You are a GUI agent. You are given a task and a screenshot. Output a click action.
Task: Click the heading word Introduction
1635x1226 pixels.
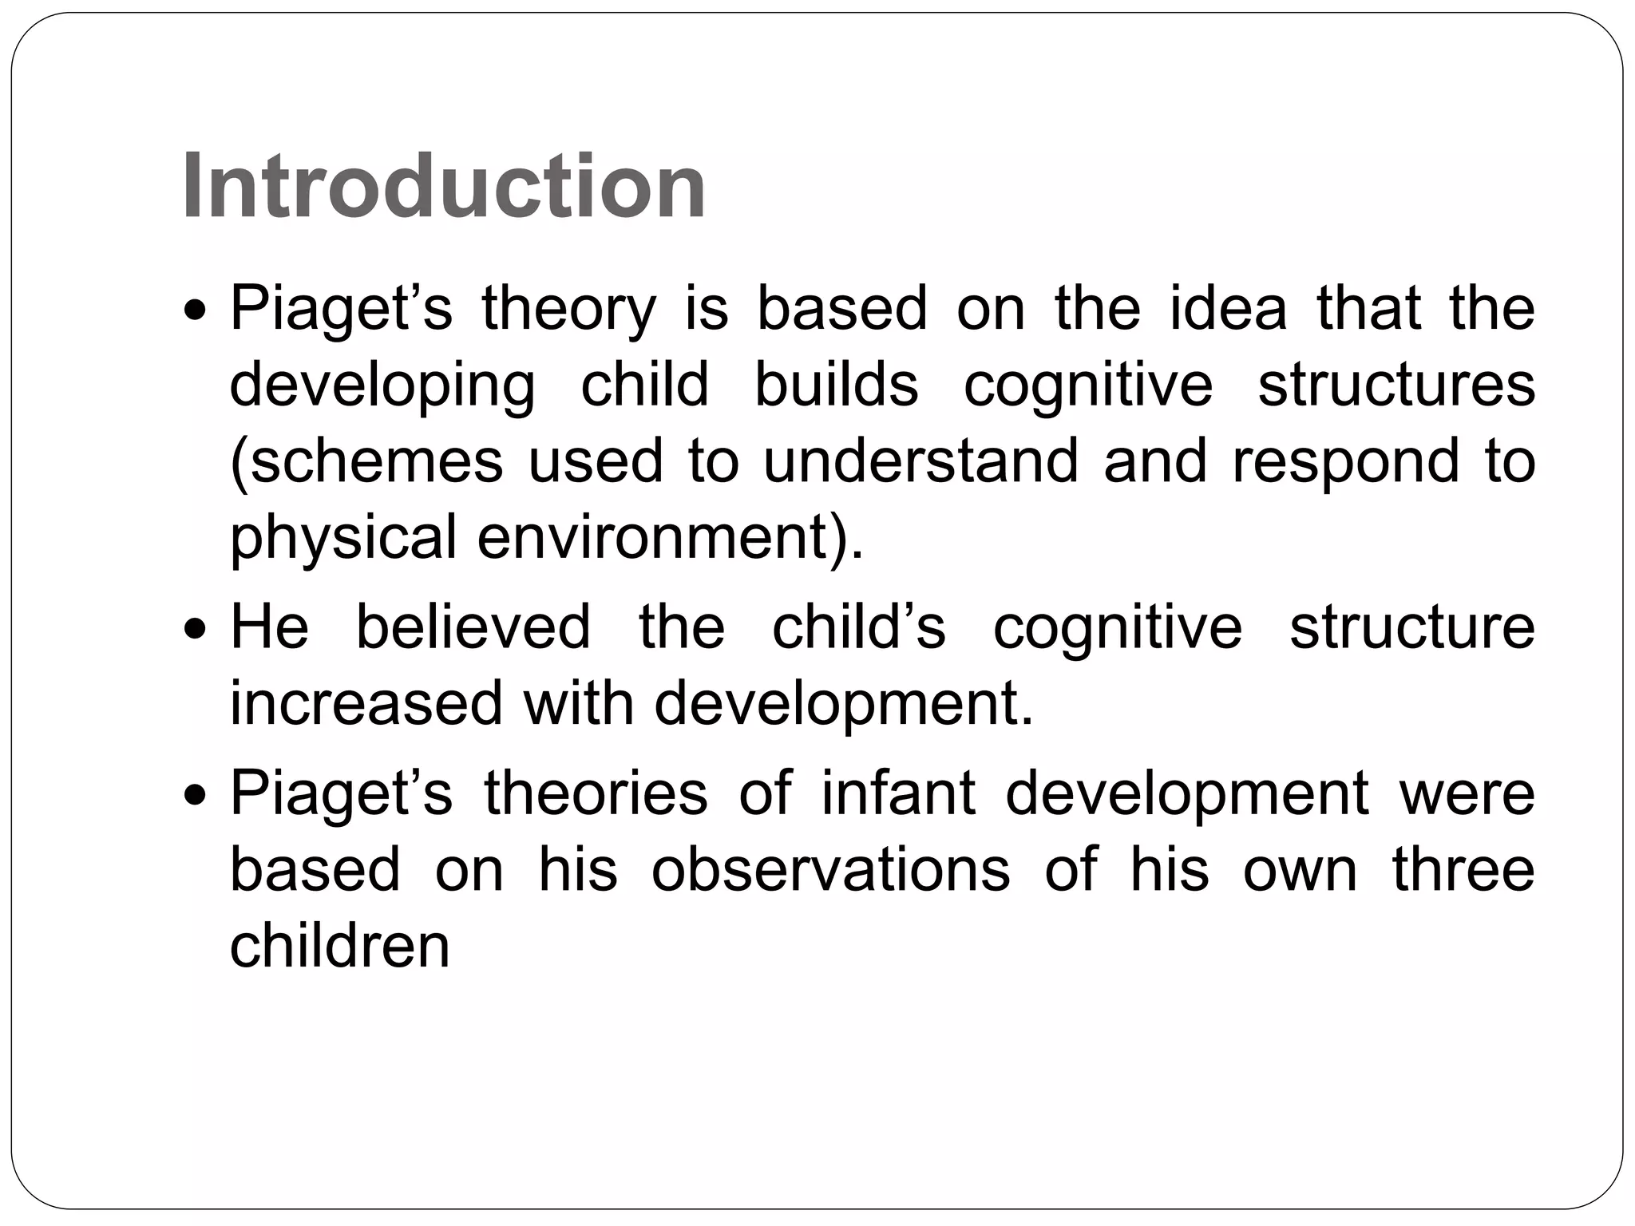click(444, 188)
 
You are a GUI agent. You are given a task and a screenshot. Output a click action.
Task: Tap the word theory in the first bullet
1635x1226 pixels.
click(568, 310)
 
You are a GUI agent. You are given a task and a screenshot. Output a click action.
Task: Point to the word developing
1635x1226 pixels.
click(382, 386)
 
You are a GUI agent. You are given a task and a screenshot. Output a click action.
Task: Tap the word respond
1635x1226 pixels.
click(1345, 463)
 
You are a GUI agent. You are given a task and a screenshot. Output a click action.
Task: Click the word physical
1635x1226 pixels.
click(343, 538)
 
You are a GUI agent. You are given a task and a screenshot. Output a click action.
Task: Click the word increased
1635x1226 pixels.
click(366, 703)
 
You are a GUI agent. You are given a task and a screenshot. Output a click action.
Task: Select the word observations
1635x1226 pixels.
click(831, 869)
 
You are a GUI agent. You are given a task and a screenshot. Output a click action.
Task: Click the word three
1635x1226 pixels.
click(1463, 869)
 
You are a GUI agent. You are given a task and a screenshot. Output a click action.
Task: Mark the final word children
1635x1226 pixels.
click(340, 946)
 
